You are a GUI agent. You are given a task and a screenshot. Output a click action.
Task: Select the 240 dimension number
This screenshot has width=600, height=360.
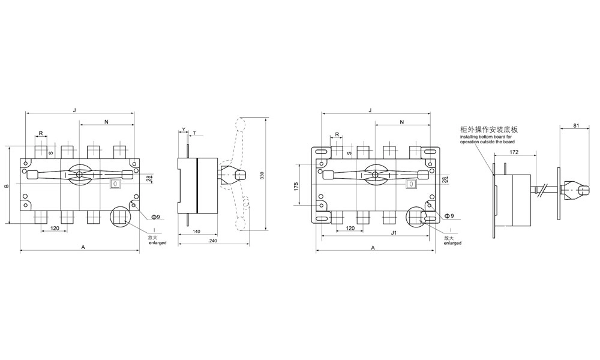click(x=213, y=241)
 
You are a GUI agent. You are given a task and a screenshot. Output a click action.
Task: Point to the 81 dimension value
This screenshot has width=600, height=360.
click(x=576, y=126)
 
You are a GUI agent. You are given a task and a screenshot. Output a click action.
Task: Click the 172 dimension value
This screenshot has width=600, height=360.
click(x=514, y=152)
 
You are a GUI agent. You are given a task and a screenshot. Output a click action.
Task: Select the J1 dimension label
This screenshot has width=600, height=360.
click(x=376, y=233)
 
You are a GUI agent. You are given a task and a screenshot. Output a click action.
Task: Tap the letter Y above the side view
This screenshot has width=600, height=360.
click(x=184, y=129)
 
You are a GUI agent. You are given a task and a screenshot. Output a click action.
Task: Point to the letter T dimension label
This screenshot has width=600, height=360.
click(x=194, y=131)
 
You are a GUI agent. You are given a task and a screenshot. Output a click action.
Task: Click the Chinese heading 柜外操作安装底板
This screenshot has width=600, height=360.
click(x=488, y=130)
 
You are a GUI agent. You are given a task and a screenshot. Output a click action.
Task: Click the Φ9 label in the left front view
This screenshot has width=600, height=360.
click(x=154, y=215)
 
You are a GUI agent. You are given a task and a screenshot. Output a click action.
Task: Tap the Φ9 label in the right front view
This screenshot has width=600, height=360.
click(x=448, y=215)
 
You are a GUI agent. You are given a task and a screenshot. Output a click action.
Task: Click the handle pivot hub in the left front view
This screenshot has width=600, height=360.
click(x=79, y=175)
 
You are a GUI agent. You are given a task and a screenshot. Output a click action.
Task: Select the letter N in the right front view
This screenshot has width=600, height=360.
click(x=402, y=122)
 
